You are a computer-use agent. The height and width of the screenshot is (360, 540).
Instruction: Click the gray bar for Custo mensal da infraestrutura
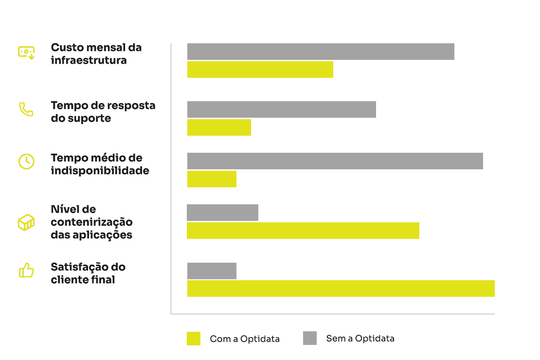pos(321,52)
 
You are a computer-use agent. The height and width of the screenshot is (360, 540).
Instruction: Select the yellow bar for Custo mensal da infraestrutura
pos(260,70)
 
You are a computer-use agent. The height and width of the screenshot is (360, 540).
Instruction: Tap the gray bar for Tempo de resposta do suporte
pos(282,109)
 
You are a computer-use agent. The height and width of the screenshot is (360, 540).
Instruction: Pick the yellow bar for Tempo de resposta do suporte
pos(219,127)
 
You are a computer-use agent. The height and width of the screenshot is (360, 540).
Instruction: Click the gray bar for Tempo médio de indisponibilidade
pos(335,161)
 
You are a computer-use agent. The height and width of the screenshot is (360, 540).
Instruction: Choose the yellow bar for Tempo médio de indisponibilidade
pos(212,179)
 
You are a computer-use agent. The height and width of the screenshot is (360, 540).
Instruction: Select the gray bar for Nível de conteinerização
pos(222,213)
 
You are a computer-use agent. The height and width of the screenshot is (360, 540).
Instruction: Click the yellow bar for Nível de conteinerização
pos(303,231)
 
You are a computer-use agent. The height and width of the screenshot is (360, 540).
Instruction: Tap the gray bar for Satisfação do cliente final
pos(212,271)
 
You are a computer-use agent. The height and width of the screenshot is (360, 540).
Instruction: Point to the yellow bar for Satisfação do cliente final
pos(341,288)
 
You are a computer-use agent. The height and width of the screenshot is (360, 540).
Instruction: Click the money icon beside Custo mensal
pos(26,52)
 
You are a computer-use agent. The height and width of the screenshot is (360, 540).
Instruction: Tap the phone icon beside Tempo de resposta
pos(26,109)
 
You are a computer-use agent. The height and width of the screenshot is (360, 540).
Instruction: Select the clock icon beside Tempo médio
pos(26,161)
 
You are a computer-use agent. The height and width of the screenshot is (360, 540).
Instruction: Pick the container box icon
pos(26,222)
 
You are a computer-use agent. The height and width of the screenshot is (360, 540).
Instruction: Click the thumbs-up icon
pos(26,270)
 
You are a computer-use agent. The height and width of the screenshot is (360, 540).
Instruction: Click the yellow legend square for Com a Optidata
pos(194,339)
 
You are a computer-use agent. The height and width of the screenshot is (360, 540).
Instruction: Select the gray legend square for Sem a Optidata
pos(310,338)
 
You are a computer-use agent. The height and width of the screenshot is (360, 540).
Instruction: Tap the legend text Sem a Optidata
pos(360,339)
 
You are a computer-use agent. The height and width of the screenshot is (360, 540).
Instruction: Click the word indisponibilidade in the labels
pos(100,171)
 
